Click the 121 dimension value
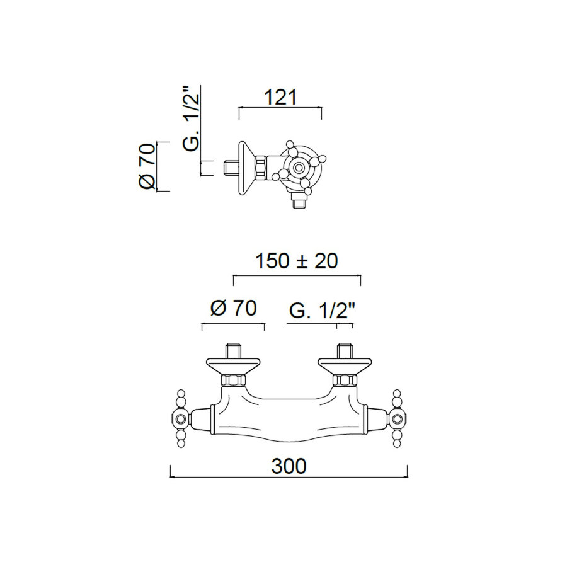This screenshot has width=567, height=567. click(x=280, y=98)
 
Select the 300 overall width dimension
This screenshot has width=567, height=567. click(x=289, y=466)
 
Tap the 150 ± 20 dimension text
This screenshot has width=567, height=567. click(x=296, y=261)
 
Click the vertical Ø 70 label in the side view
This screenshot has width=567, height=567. click(x=146, y=166)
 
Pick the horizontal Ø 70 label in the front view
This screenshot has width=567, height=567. click(x=232, y=309)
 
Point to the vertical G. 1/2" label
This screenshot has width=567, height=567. click(x=192, y=120)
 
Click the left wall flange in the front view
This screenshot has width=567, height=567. click(x=232, y=365)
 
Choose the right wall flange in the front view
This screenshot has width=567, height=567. click(x=344, y=365)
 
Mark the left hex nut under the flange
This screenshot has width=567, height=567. click(x=232, y=380)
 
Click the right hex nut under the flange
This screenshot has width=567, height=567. click(x=344, y=380)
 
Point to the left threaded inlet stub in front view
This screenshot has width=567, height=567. click(x=232, y=350)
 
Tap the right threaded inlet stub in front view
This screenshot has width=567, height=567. click(x=344, y=350)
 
